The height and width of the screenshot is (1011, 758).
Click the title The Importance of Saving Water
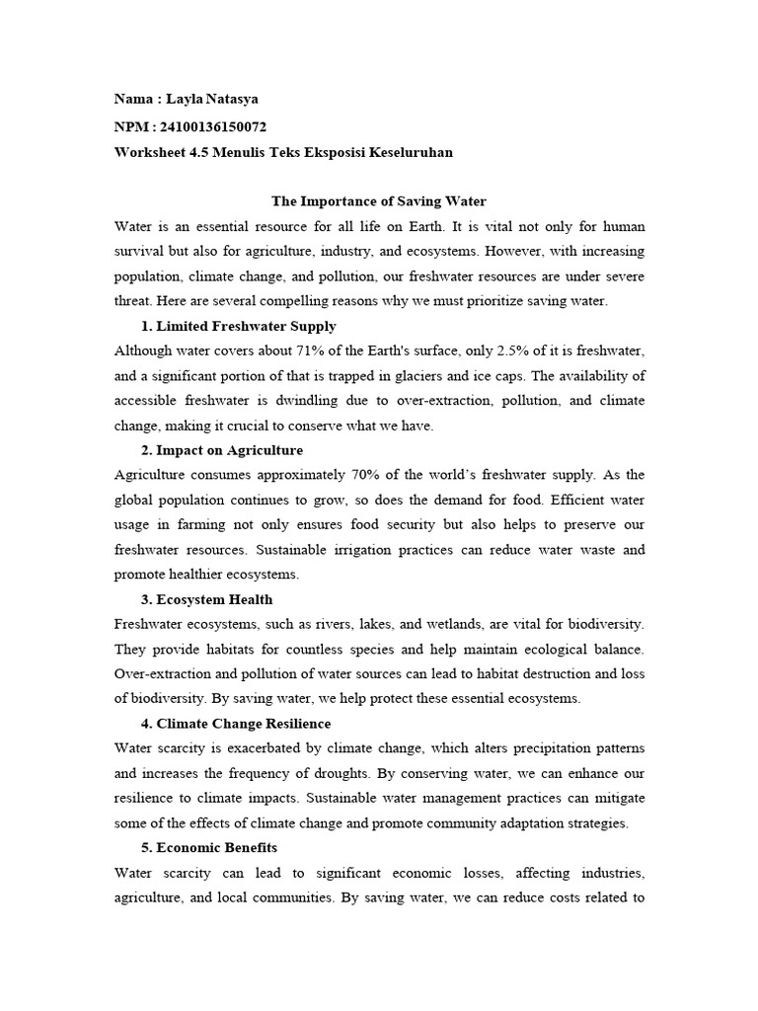pyautogui.click(x=379, y=201)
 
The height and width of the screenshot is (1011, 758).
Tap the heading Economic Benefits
pyautogui.click(x=218, y=847)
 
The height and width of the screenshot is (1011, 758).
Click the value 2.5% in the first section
pyautogui.click(x=507, y=351)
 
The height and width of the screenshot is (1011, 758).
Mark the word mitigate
pyautogui.click(x=619, y=798)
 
